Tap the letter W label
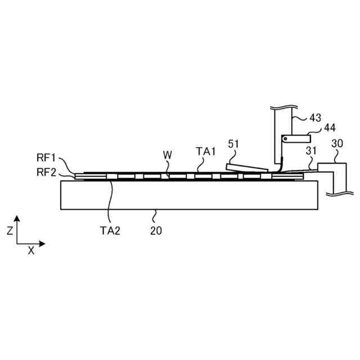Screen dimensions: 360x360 pyautogui.click(x=167, y=154)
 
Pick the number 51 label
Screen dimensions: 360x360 pyautogui.click(x=233, y=144)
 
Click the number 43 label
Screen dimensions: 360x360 pyautogui.click(x=315, y=118)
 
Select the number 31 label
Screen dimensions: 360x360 pyautogui.click(x=311, y=150)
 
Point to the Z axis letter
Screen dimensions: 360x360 pyautogui.click(x=10, y=230)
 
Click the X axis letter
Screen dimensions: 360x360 pyautogui.click(x=31, y=251)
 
